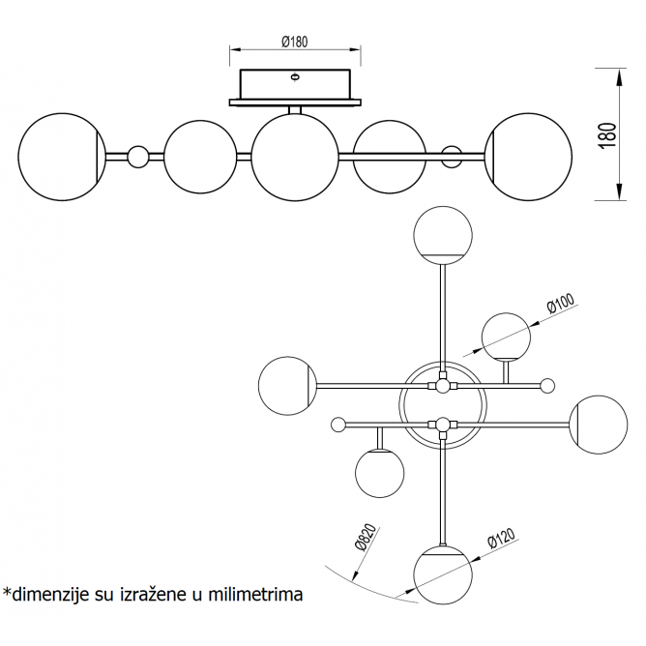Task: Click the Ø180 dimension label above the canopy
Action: [x=294, y=42]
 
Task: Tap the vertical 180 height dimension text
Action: [x=607, y=134]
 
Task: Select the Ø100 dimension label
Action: [x=561, y=305]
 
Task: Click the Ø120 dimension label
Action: [x=502, y=539]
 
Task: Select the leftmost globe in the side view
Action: [x=61, y=157]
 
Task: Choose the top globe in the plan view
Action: [x=442, y=235]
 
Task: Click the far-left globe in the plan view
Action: [x=287, y=385]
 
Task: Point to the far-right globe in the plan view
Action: [x=599, y=424]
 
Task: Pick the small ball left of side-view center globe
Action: [x=138, y=156]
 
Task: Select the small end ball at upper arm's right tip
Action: [x=547, y=386]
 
